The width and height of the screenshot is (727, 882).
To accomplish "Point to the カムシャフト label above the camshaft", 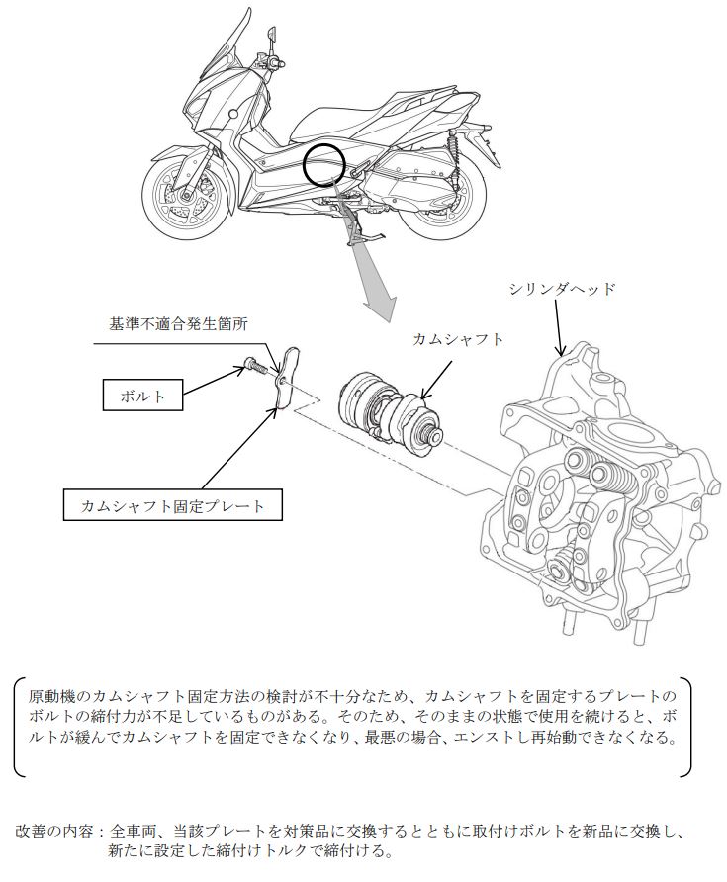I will [457, 339].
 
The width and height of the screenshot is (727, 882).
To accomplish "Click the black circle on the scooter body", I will [324, 164].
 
